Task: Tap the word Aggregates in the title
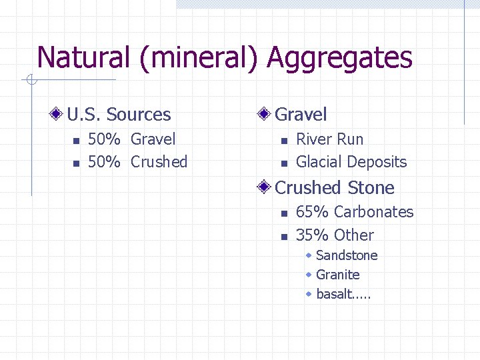[x=340, y=58]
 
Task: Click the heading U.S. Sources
[x=119, y=115]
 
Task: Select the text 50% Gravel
[x=131, y=139]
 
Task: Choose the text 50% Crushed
[x=137, y=162]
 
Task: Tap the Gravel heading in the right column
[x=301, y=115]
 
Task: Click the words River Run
[x=329, y=139]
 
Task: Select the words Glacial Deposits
[x=351, y=162]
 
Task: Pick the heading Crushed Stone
[x=335, y=188]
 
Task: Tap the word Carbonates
[x=373, y=212]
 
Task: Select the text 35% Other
[x=335, y=235]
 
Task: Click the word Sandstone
[x=347, y=255]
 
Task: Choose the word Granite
[x=338, y=275]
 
